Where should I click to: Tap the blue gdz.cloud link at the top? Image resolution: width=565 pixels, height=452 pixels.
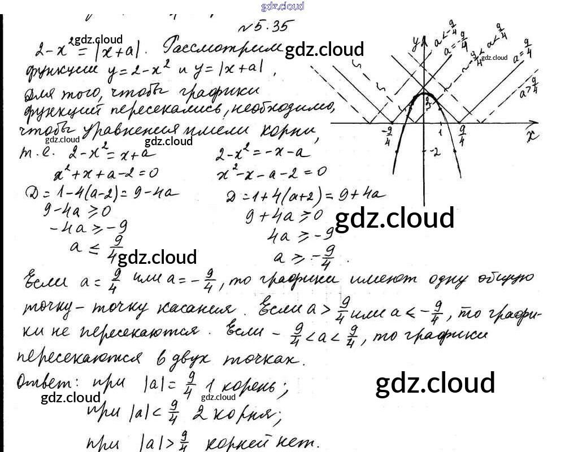(x=282, y=6)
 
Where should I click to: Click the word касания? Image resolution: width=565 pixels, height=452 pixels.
(x=201, y=308)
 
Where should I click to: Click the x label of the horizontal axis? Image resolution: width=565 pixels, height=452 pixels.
(x=530, y=136)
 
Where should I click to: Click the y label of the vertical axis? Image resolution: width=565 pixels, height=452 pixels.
(x=416, y=41)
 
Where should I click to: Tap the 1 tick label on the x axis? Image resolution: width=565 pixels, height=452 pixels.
(x=440, y=131)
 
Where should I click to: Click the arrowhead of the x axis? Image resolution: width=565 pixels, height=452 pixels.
(x=534, y=123)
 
